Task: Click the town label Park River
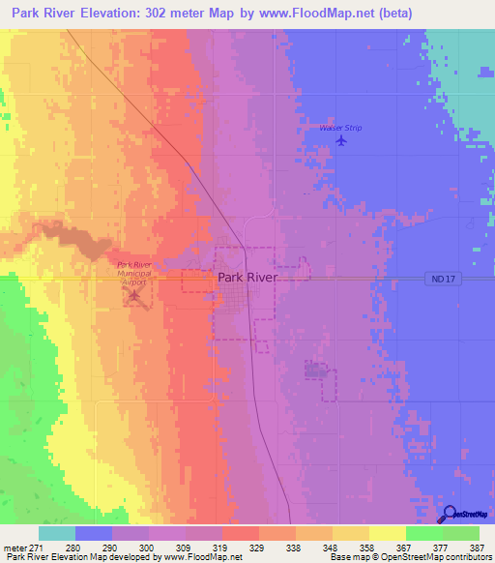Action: pos(247,277)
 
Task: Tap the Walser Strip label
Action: pos(339,127)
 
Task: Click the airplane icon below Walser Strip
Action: pos(340,141)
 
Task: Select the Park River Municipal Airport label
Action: pos(134,271)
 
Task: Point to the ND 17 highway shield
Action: pos(439,279)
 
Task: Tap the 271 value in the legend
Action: pos(37,548)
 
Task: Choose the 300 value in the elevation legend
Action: pos(146,548)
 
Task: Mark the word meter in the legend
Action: pos(14,548)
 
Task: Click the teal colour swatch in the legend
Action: pos(56,533)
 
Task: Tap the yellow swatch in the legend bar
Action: pos(387,533)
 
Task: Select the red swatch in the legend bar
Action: pos(240,533)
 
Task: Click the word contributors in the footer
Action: pos(467,558)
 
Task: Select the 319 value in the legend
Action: pos(220,548)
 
